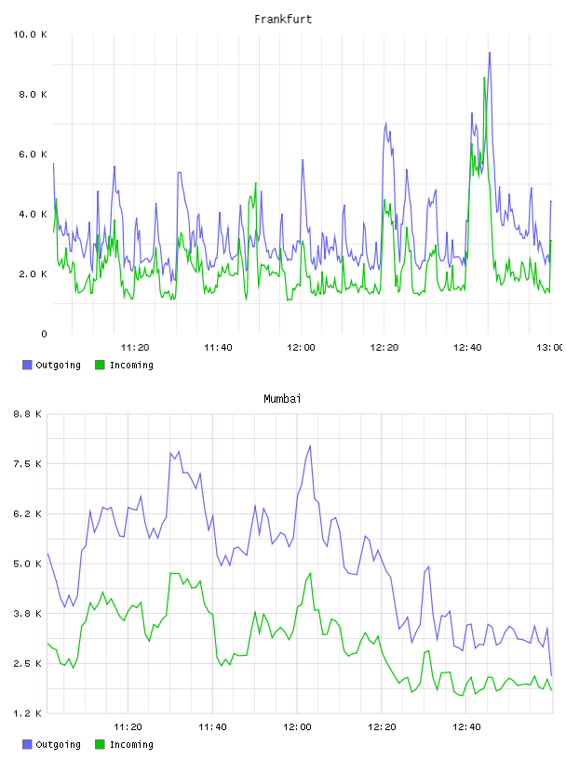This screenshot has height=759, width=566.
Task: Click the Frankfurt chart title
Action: click(x=283, y=20)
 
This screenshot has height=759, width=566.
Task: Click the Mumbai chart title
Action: click(x=282, y=399)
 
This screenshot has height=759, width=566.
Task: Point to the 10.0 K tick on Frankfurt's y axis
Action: click(x=30, y=34)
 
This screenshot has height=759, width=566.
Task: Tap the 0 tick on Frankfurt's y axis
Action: click(x=44, y=334)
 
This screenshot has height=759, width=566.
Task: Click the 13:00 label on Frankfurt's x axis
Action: click(x=549, y=348)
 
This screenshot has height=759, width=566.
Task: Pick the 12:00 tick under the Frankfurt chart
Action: click(x=301, y=348)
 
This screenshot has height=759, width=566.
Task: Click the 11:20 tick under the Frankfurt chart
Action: click(x=135, y=348)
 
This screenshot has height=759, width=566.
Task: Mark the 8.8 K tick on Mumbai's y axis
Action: click(x=27, y=414)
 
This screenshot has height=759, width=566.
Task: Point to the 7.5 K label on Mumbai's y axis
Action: click(x=27, y=464)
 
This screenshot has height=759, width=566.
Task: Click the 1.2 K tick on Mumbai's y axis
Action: click(x=27, y=713)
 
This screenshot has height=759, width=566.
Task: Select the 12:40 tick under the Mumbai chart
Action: click(x=466, y=727)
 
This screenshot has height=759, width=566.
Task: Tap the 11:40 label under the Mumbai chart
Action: click(x=212, y=727)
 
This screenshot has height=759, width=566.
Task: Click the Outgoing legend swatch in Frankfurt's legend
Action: click(x=27, y=365)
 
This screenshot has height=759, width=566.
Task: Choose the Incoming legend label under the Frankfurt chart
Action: click(x=131, y=365)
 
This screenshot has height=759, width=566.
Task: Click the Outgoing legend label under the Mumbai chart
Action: click(x=58, y=744)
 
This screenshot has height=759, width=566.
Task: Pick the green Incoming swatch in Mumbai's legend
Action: click(x=100, y=744)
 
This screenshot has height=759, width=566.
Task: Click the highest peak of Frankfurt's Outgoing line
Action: click(x=490, y=52)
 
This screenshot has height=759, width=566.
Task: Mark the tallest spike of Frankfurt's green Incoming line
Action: click(x=484, y=77)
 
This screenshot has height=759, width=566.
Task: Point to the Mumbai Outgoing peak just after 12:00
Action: click(x=310, y=446)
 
